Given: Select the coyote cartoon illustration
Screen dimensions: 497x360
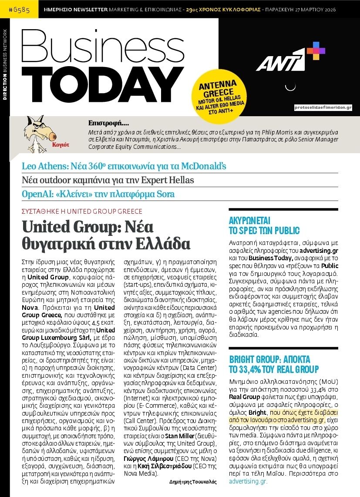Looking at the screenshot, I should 38,129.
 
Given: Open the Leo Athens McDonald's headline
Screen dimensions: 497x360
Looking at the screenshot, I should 124,166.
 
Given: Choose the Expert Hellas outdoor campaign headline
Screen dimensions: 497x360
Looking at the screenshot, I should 108,180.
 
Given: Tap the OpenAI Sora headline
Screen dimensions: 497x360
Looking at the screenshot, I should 98,194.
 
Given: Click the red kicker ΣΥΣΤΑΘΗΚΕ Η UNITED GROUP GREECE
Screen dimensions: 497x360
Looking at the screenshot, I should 82,212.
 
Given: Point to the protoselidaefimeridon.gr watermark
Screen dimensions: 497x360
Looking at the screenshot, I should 323,107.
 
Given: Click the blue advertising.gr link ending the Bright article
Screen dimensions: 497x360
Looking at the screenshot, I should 248,481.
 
